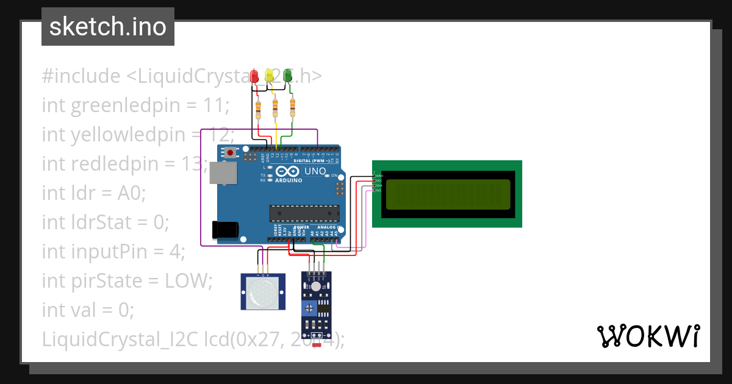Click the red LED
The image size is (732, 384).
pos(255,76)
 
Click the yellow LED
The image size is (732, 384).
pos(270,76)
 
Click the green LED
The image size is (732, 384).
pos(287,76)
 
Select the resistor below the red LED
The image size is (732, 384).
pos(259,109)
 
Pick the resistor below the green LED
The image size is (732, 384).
pos(292,108)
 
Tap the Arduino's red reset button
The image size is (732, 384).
pos(231,152)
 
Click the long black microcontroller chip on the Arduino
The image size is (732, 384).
pos(304,213)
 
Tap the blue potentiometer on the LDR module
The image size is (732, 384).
pos(310,307)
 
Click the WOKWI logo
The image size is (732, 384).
pos(648,336)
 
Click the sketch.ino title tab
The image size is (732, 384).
pos(108,27)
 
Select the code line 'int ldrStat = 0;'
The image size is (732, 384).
pos(105,222)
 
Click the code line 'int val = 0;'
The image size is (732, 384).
pos(88,310)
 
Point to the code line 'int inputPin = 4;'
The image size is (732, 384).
pos(113,252)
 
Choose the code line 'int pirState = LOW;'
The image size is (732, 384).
pos(127,281)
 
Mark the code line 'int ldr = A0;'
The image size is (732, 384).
pos(94,193)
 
